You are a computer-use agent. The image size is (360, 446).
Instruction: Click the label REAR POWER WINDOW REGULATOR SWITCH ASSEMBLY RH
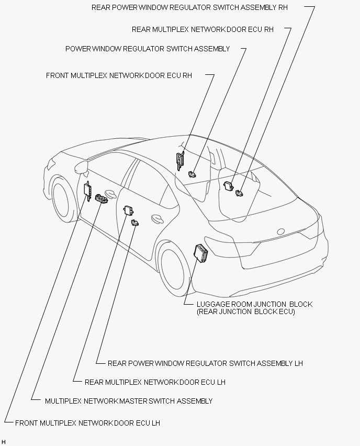click(189, 8)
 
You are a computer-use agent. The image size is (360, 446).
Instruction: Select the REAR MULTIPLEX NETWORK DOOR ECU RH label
click(203, 30)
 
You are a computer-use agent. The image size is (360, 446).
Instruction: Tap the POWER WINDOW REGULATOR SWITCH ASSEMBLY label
click(148, 49)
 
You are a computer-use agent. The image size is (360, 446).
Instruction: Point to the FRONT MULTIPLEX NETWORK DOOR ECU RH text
click(119, 76)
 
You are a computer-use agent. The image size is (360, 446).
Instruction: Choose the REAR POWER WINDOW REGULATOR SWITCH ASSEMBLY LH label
click(205, 363)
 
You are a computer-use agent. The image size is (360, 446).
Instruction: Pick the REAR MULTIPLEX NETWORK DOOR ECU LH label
click(155, 382)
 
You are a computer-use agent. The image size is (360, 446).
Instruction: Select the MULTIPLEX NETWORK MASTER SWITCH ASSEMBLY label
click(129, 401)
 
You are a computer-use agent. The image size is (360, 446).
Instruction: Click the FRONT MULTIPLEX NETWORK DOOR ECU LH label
click(87, 423)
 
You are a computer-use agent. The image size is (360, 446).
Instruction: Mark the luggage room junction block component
click(200, 253)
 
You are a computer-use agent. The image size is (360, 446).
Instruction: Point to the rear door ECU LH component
click(128, 210)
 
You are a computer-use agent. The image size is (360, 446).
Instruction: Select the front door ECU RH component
click(181, 160)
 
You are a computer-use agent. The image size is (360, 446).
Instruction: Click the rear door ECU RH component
click(229, 186)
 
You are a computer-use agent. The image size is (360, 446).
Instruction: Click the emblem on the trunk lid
click(282, 231)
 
